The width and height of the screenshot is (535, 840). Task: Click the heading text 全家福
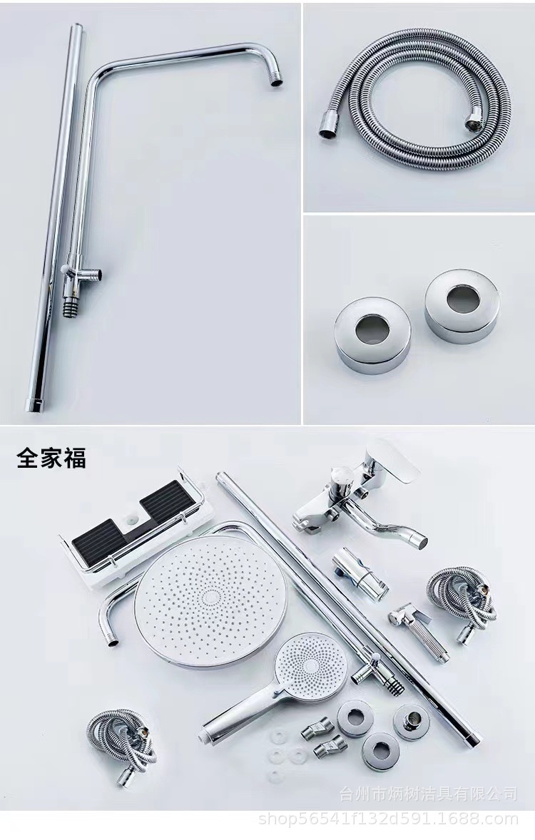tap(51, 458)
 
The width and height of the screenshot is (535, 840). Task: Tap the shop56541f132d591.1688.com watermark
tap(389, 819)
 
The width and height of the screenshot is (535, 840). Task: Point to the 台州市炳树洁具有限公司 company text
tap(429, 793)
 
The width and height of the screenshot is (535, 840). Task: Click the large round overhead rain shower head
tap(210, 602)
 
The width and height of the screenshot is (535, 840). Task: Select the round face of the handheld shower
tap(310, 663)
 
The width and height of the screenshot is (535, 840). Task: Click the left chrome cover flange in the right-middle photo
tap(372, 336)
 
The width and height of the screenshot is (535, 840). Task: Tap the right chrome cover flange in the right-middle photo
tap(463, 306)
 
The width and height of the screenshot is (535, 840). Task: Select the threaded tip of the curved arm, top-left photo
tap(276, 78)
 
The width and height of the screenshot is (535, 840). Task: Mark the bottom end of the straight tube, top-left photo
tap(34, 404)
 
